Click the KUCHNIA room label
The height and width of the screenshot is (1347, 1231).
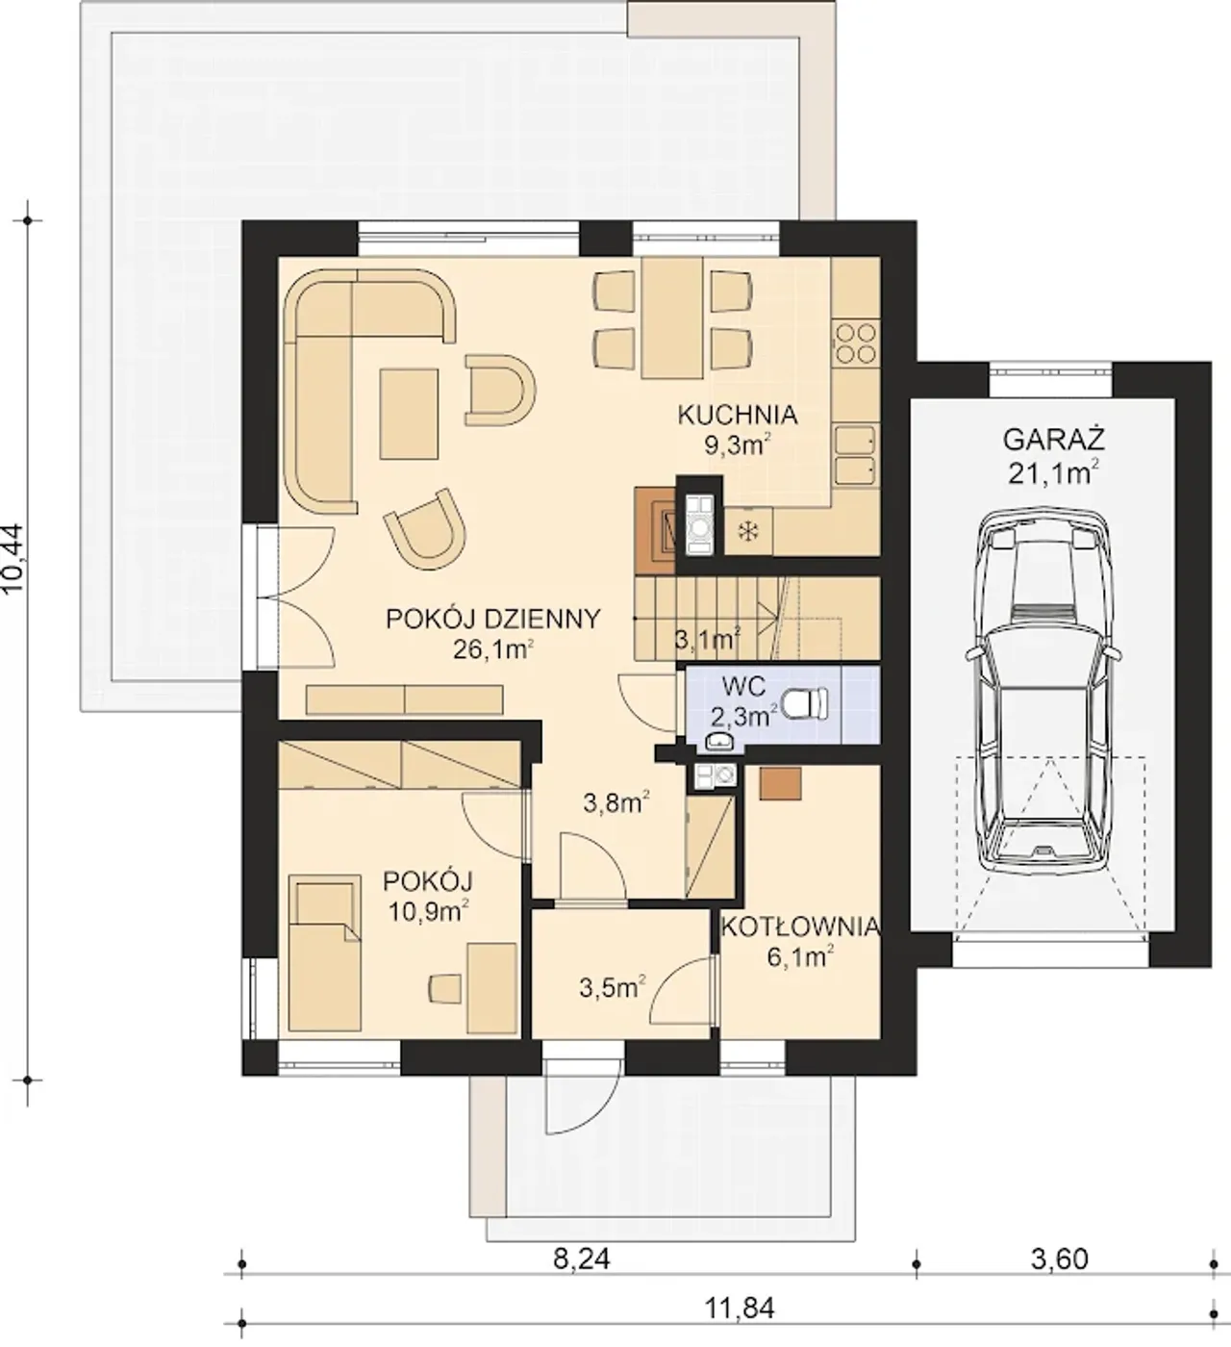[737, 415]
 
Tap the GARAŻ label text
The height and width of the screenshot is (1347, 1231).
[1053, 440]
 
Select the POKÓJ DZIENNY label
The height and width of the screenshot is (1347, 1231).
[492, 619]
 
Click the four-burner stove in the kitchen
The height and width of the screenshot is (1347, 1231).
[855, 343]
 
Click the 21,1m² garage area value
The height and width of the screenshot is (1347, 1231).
[1053, 473]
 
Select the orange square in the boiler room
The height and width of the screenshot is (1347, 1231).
[781, 783]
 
